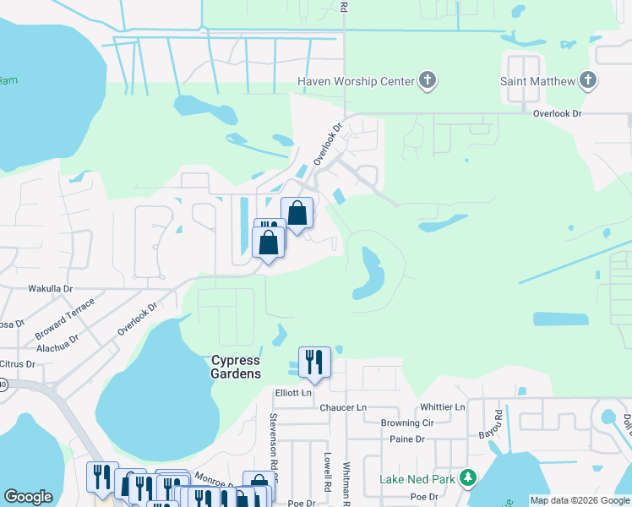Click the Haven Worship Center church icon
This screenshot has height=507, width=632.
tap(428, 81)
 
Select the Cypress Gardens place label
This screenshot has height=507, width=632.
tap(236, 367)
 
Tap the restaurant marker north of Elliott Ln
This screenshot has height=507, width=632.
tap(313, 363)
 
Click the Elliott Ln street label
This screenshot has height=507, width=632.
tap(293, 393)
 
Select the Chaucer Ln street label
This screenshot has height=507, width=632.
tap(342, 407)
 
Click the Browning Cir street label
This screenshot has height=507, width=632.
tap(406, 423)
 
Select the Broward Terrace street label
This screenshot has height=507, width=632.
tap(66, 318)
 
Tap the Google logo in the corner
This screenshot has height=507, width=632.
tap(28, 497)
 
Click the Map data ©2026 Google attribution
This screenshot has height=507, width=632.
tap(580, 500)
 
